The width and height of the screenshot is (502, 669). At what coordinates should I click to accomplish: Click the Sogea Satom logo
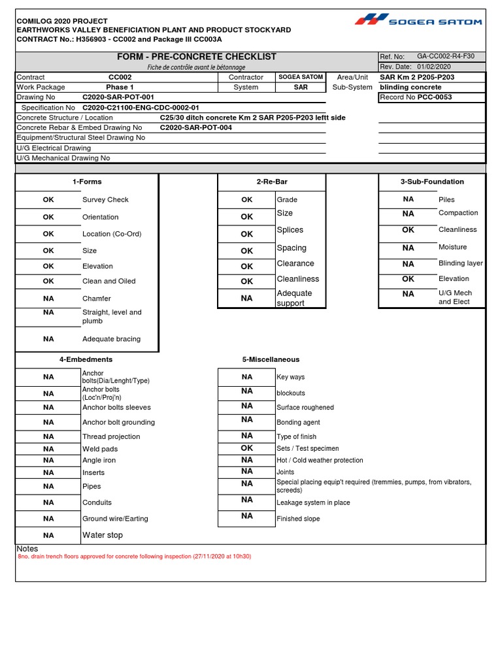[418, 20]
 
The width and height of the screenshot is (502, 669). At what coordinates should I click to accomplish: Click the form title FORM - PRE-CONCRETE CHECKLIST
[197, 57]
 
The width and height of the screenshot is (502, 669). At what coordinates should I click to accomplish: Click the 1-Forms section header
[87, 182]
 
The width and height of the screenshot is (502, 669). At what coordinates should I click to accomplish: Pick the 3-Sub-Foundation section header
[432, 182]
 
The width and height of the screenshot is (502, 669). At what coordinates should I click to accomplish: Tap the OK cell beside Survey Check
[49, 200]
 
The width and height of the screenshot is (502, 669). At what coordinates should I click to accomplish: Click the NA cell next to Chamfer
[49, 298]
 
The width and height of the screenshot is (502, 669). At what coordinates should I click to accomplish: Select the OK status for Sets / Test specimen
[246, 448]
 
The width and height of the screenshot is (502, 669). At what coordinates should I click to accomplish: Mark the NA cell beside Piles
[408, 199]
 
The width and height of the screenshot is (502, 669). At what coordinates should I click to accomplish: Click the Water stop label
[103, 535]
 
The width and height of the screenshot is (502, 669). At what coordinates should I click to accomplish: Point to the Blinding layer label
[460, 263]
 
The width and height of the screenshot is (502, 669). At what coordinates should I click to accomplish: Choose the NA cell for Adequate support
[246, 298]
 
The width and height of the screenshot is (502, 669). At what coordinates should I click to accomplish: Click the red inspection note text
[134, 557]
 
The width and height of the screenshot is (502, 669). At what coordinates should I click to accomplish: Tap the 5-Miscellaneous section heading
[271, 359]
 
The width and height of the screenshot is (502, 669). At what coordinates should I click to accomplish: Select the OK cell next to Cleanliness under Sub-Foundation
[408, 230]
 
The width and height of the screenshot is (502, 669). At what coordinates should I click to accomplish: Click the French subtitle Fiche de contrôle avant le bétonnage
[197, 67]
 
